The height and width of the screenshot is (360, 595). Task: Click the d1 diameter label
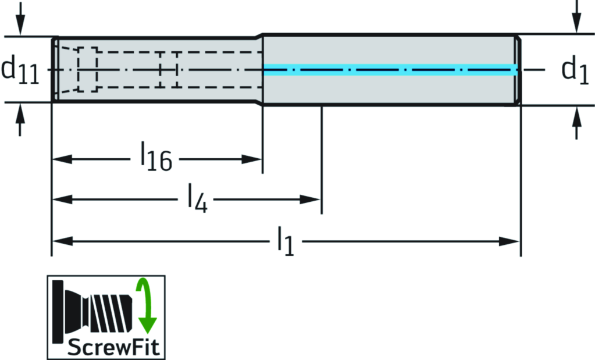(x=575, y=70)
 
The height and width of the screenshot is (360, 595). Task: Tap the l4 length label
(x=197, y=199)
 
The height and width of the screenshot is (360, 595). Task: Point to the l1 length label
(x=284, y=240)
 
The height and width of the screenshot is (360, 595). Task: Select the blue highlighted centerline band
(x=390, y=70)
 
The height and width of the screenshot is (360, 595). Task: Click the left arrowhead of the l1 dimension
(x=61, y=240)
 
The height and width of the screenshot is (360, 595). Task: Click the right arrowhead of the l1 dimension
(x=511, y=240)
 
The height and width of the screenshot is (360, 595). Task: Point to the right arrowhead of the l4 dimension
(x=312, y=199)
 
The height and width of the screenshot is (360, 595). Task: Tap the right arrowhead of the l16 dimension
(x=254, y=159)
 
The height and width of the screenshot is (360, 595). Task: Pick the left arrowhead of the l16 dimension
(x=61, y=159)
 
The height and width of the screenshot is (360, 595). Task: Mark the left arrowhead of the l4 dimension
(x=61, y=199)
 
